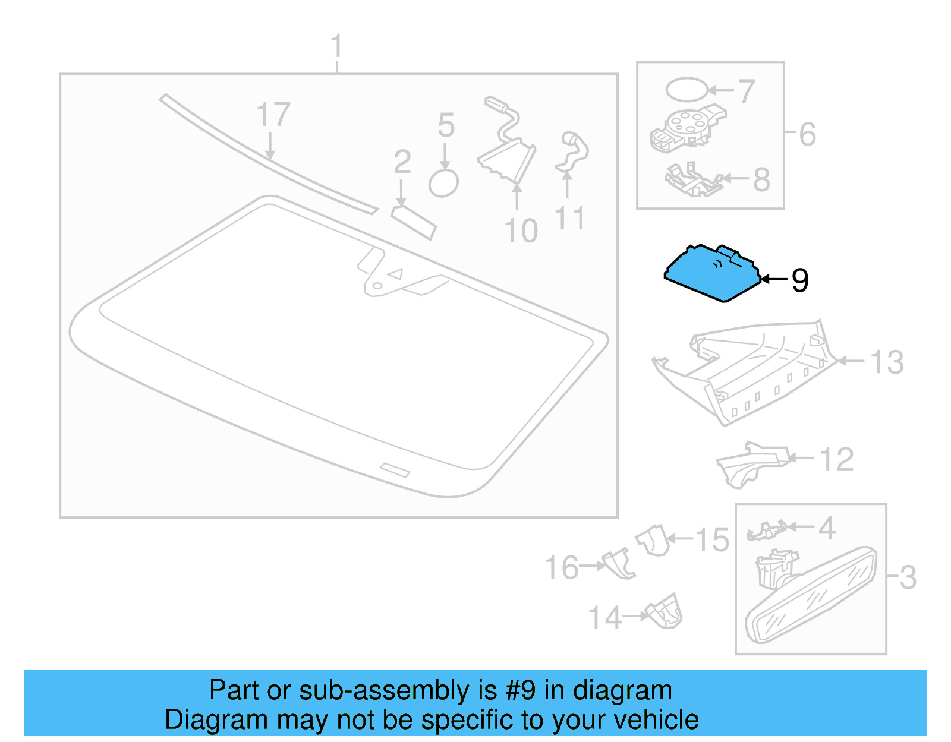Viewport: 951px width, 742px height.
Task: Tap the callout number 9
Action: tap(799, 280)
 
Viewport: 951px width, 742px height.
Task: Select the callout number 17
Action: tap(273, 115)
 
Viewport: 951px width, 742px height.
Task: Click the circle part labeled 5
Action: tap(443, 183)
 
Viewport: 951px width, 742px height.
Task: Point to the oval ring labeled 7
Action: tap(687, 90)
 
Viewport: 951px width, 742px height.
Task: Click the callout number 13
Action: tap(886, 362)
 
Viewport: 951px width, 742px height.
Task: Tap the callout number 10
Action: tap(521, 231)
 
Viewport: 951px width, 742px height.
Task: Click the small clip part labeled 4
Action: tap(767, 530)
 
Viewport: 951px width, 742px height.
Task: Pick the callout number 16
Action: tap(562, 567)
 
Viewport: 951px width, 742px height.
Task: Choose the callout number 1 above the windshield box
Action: tap(336, 46)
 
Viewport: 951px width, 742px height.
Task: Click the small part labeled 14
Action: tap(665, 612)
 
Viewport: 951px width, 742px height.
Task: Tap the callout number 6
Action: tap(807, 134)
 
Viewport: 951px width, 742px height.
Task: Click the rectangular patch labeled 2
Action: tap(413, 222)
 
